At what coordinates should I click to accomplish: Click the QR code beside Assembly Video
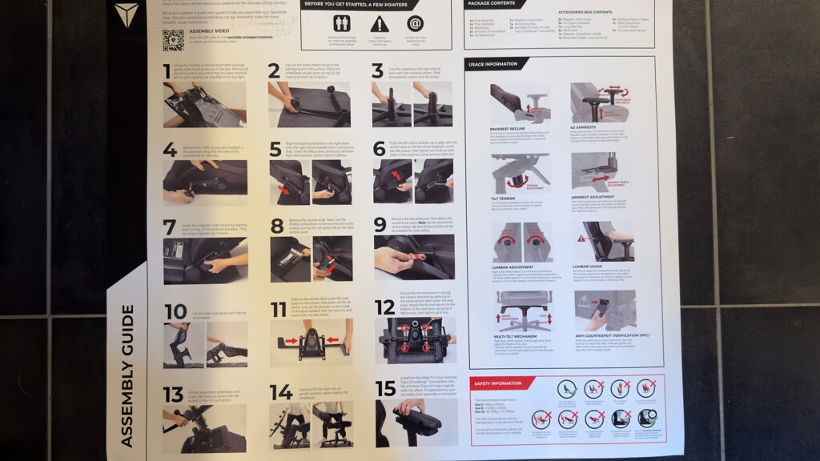173,41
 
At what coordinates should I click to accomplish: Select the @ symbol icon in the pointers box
414,23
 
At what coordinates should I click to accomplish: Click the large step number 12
384,307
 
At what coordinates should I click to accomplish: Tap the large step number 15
385,390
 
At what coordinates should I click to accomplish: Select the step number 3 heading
377,70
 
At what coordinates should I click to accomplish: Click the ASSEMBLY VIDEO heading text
207,31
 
